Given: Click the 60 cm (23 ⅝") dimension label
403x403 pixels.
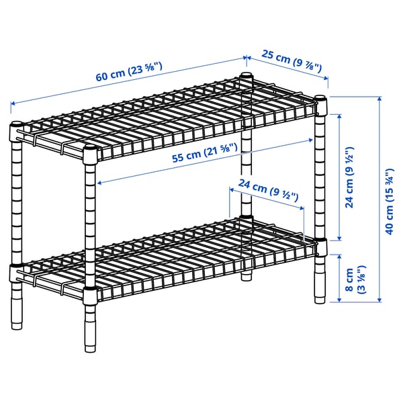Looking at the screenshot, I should [x=131, y=71].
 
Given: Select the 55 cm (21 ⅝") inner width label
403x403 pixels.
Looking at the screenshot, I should [x=204, y=154].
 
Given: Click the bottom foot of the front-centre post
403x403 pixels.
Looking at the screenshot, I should [x=89, y=348].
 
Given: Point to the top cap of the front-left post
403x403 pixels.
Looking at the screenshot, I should [x=16, y=125].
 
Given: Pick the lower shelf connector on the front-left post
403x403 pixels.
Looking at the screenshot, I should [x=15, y=272].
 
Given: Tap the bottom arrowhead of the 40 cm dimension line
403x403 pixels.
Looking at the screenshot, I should [x=378, y=300].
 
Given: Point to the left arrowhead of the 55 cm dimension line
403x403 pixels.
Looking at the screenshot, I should [x=99, y=182].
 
